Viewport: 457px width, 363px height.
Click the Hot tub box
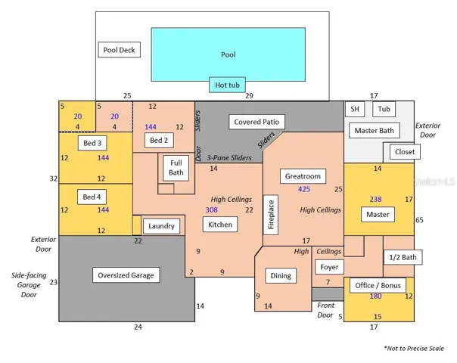pyautogui.click(x=227, y=85)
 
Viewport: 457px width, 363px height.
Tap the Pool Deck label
pyautogui.click(x=120, y=50)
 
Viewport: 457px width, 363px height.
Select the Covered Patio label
pyautogui.click(x=256, y=122)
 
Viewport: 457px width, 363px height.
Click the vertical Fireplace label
pyautogui.click(x=271, y=215)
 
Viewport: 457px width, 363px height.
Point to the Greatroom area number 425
pyautogui.click(x=304, y=189)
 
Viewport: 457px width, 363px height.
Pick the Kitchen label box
pyautogui.click(x=220, y=225)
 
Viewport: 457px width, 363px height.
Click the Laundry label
pyautogui.click(x=161, y=226)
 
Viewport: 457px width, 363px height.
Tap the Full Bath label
pyautogui.click(x=176, y=168)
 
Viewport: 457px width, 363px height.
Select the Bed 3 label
pyautogui.click(x=92, y=143)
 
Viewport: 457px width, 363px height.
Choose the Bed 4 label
pyautogui.click(x=92, y=197)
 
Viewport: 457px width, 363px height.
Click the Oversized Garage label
pyautogui.click(x=126, y=275)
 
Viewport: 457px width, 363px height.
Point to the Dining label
pyautogui.click(x=281, y=275)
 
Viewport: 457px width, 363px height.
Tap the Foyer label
pyautogui.click(x=329, y=267)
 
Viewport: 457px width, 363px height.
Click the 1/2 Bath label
pyautogui.click(x=403, y=257)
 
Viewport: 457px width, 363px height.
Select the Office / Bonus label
pyautogui.click(x=378, y=286)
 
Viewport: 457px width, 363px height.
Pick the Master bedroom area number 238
pyautogui.click(x=376, y=199)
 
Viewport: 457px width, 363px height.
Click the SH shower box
pyautogui.click(x=355, y=109)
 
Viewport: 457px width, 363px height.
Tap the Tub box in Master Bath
pyautogui.click(x=384, y=109)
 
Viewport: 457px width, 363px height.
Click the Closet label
pyautogui.click(x=405, y=152)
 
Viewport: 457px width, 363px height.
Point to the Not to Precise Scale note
pyautogui.click(x=414, y=349)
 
